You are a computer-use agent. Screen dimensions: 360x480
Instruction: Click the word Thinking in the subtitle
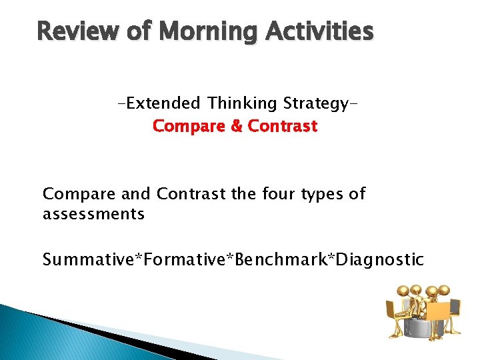tap(243, 103)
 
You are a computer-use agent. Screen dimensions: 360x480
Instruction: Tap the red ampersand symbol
tap(236, 126)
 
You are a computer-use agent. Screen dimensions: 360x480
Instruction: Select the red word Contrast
tap(283, 126)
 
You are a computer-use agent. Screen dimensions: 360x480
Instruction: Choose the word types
tap(324, 195)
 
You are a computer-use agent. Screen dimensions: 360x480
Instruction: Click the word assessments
tap(93, 214)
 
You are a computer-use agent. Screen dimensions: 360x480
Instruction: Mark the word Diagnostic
tap(380, 259)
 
